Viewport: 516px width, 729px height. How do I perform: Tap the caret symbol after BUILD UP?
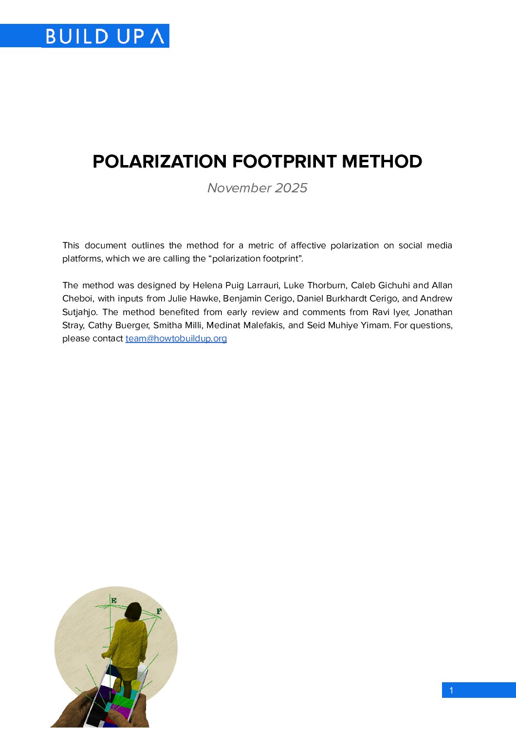coord(157,36)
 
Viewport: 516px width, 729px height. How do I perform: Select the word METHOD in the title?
coord(382,162)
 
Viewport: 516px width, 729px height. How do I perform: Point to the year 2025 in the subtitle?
coord(291,188)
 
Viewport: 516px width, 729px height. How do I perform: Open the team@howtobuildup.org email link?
coord(176,338)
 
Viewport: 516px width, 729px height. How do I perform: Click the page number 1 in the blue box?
coord(451,690)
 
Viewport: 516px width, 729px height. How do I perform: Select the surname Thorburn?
coord(326,285)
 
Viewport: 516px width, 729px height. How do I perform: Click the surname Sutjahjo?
coord(79,312)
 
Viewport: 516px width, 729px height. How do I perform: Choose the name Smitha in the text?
coord(167,325)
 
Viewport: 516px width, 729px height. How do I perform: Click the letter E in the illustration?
coord(113,600)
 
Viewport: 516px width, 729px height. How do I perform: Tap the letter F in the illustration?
coord(159,611)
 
